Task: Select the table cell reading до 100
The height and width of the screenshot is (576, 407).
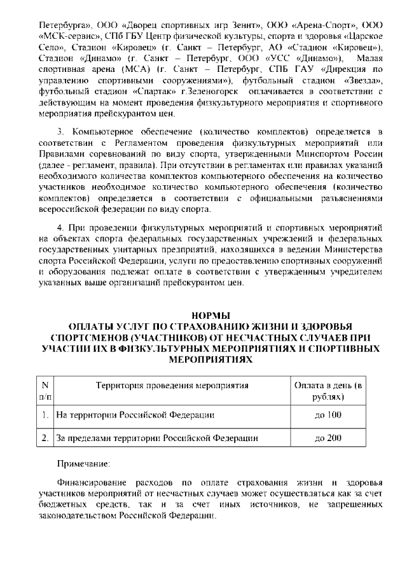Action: pos(328,415)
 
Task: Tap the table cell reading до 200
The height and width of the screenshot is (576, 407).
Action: pos(328,438)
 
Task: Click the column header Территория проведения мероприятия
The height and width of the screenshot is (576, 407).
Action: pos(172,386)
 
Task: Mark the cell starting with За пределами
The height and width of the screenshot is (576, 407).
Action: pos(157,438)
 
